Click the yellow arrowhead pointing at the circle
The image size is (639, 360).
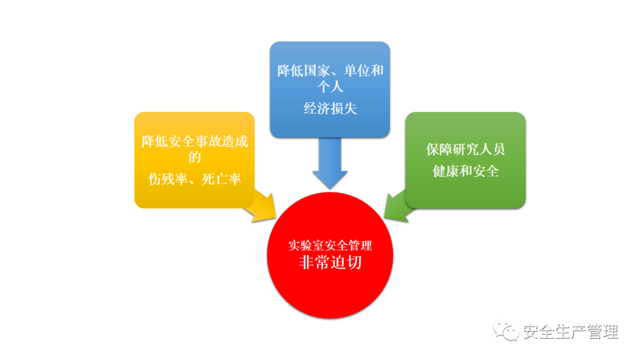point(264,208)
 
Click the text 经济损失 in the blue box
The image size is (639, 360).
point(330,108)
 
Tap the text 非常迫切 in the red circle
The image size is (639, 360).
point(330,262)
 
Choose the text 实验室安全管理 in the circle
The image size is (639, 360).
point(330,245)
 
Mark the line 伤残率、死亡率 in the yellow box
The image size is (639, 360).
point(195,179)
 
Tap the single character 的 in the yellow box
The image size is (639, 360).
point(195,157)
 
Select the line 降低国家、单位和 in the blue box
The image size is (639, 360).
point(330,71)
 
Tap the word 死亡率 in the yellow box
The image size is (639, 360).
point(221,179)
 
